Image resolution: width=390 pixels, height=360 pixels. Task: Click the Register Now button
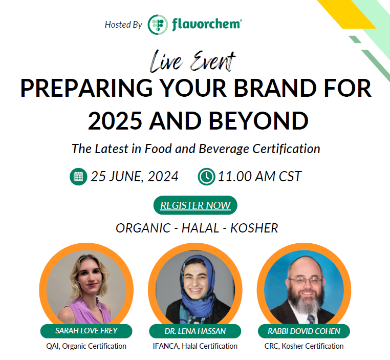point(195,205)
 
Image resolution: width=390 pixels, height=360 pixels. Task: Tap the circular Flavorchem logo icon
point(158,25)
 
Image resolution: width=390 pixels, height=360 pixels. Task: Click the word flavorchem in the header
point(206,24)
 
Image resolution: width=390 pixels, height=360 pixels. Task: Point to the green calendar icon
point(78,177)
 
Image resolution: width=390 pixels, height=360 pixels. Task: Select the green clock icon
point(206,177)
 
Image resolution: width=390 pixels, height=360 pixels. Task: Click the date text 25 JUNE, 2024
point(135,177)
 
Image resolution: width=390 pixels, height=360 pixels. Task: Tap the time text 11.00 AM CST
point(259,177)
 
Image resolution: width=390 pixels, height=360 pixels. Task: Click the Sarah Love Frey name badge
point(86,331)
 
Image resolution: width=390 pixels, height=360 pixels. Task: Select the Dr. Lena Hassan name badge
point(195,331)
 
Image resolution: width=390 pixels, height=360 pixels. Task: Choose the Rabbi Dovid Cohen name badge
point(304,331)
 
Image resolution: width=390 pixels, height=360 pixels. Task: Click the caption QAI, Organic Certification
point(86,346)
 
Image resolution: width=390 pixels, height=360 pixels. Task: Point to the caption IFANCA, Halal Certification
point(195,346)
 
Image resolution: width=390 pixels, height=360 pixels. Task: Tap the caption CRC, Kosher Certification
point(304,346)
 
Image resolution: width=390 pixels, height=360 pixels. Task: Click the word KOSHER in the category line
point(254,228)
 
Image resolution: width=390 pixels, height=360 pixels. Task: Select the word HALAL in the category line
point(200,228)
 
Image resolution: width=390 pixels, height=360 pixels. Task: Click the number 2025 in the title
point(115,121)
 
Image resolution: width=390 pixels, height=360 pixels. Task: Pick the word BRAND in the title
point(275,88)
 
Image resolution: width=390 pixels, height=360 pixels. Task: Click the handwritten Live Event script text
point(192,61)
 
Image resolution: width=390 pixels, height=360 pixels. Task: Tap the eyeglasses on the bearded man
point(306,281)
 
